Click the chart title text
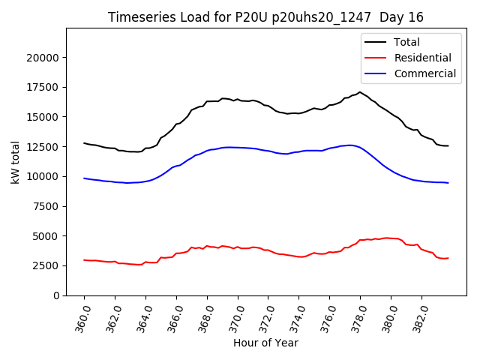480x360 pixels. pyautogui.click(x=265, y=16)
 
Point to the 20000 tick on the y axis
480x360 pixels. pyautogui.click(x=43, y=58)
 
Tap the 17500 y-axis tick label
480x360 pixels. pyautogui.click(x=43, y=87)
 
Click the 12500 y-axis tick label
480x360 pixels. pyautogui.click(x=43, y=147)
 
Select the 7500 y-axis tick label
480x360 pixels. pyautogui.click(x=46, y=206)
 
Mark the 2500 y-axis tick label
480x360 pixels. pyautogui.click(x=46, y=266)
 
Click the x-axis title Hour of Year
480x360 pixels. pyautogui.click(x=265, y=343)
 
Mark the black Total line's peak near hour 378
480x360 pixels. pyautogui.click(x=360, y=92)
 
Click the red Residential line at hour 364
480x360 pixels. pyautogui.click(x=145, y=262)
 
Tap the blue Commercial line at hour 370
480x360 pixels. pyautogui.click(x=238, y=147)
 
